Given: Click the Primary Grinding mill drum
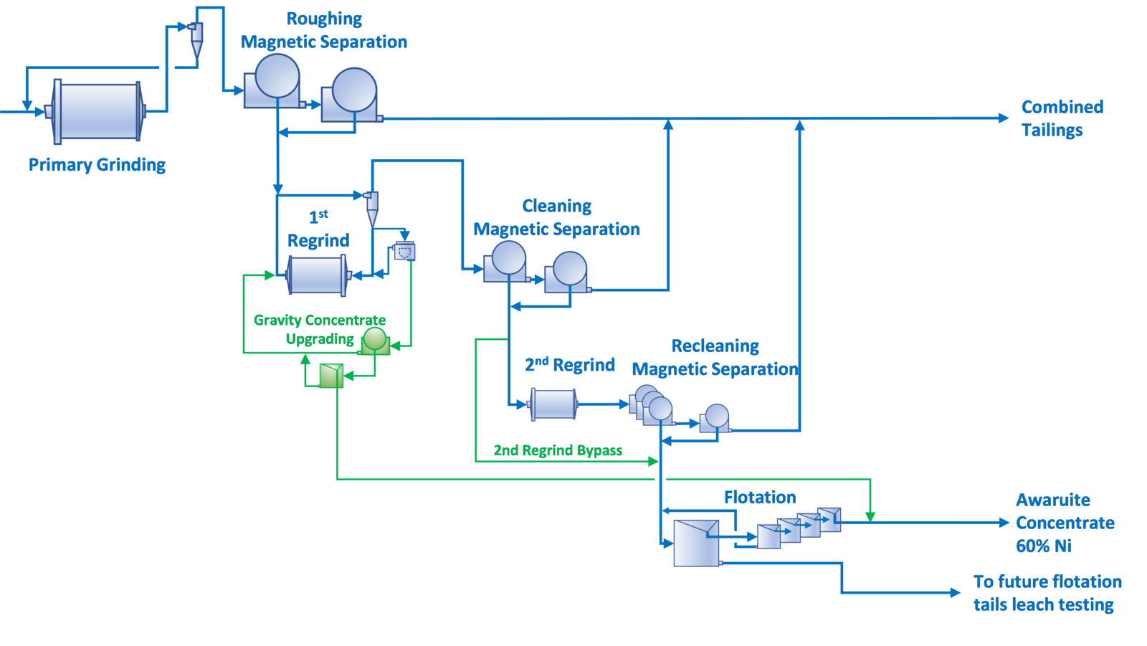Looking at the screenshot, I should tap(98, 111).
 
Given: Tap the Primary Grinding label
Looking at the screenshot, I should tap(97, 165).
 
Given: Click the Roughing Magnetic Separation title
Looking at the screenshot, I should tap(323, 30).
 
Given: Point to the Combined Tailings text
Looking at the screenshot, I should tap(1062, 118).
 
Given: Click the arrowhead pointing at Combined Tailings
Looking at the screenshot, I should tap(1004, 118).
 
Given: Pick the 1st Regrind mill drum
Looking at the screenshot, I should tap(316, 275).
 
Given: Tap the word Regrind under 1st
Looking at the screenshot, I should tap(318, 240).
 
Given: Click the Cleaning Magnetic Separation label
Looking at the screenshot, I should tap(556, 218).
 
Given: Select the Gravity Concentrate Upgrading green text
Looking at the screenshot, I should tap(320, 329).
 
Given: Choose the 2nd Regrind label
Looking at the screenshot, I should tap(570, 364).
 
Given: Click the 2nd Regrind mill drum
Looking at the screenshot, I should tap(553, 404).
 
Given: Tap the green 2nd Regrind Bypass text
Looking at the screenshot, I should tap(558, 450).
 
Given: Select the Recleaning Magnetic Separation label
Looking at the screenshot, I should tap(715, 357).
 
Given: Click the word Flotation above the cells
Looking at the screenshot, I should tap(760, 497).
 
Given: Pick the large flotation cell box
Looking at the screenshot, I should tap(695, 543).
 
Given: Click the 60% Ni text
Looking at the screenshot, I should tap(1043, 546).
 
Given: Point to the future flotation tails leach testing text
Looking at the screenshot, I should tap(1047, 593).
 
